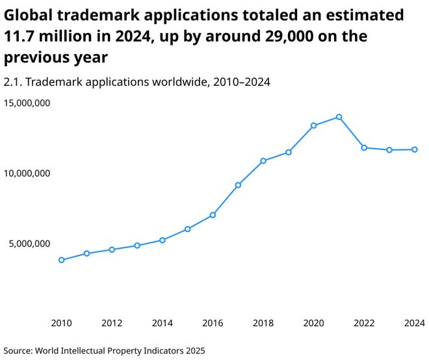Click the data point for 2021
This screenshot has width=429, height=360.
point(339,117)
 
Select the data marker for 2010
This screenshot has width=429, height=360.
point(61,260)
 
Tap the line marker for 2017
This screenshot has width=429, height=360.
point(238,185)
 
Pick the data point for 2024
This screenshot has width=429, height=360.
point(415,149)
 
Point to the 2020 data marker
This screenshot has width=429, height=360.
point(313,125)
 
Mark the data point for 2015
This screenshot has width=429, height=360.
point(187,229)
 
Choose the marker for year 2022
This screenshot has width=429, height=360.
point(364,148)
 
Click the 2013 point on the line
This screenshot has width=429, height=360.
point(137,246)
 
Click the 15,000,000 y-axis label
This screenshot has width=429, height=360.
point(27,103)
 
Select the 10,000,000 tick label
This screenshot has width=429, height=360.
point(27,174)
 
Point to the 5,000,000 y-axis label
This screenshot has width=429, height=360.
point(29,244)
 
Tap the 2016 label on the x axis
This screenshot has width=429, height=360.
point(213,323)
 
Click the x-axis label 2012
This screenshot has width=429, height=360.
point(112,323)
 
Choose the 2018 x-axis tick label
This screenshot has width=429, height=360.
point(263,323)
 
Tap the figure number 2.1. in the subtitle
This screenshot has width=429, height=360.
point(14,82)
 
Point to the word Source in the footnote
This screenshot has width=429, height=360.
point(19,350)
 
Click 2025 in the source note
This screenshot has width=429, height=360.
point(194,350)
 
